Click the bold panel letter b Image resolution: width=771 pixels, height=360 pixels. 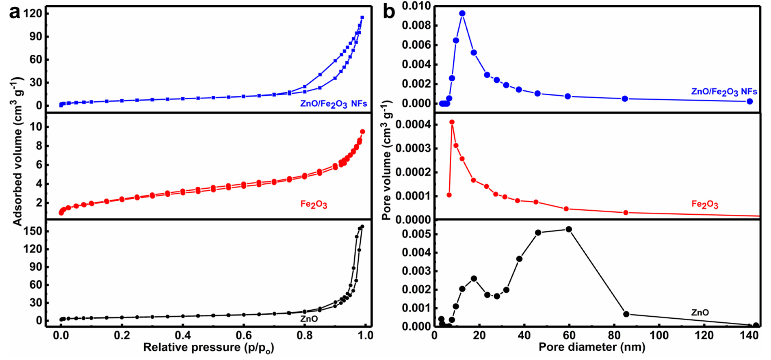[389, 13]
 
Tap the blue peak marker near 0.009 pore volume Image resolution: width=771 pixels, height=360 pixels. [462, 13]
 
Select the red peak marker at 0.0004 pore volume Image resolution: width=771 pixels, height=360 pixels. [452, 122]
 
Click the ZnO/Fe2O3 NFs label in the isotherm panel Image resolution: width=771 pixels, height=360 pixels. [333, 104]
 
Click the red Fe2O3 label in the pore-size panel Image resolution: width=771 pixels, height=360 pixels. [705, 204]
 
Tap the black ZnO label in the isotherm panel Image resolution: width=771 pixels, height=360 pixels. [309, 319]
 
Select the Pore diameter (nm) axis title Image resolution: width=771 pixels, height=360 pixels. [592, 347]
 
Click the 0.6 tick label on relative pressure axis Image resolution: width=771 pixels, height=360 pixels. [244, 335]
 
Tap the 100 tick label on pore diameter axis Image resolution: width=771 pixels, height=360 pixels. [659, 335]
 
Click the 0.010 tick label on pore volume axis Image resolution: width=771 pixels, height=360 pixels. [416, 6]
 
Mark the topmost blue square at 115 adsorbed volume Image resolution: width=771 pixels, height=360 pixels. [362, 17]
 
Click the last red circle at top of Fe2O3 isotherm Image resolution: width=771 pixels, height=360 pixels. [362, 132]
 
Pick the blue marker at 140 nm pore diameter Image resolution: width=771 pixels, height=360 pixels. [749, 102]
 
